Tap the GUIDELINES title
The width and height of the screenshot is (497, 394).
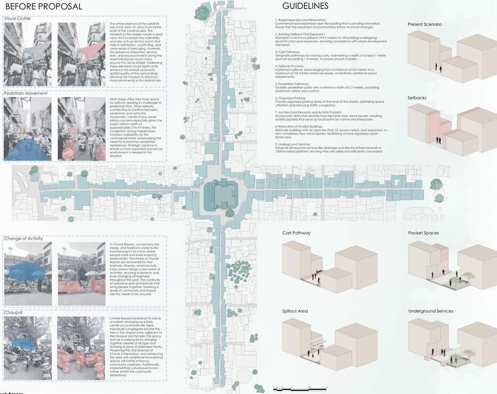[x=305, y=6]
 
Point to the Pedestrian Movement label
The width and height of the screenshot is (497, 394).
[x=26, y=93]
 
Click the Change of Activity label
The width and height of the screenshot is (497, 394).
[x=23, y=238]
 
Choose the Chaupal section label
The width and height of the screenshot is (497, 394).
[x=14, y=313]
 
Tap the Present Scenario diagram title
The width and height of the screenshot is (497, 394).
[x=424, y=24]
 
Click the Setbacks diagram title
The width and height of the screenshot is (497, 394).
[x=417, y=98]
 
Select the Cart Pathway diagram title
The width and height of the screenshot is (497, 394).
[x=296, y=233]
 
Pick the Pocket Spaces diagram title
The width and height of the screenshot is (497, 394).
[x=424, y=233]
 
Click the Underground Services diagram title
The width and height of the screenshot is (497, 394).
[x=431, y=311]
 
